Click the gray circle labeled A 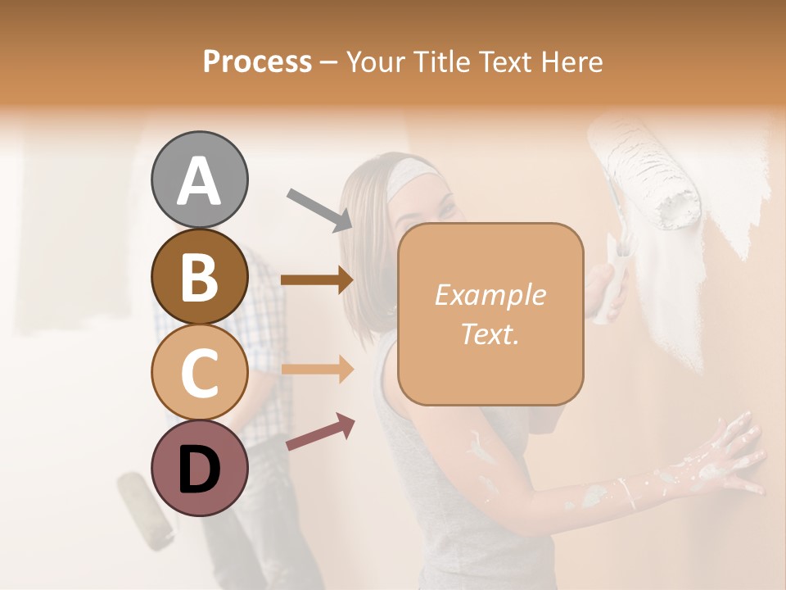[199, 179]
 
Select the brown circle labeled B [199, 276]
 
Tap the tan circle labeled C [199, 372]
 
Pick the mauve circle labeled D [199, 468]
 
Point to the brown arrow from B [317, 279]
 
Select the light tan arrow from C [317, 369]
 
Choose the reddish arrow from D [320, 432]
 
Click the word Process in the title [257, 61]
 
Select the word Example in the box [490, 295]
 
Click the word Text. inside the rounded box [490, 334]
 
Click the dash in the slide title [328, 62]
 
